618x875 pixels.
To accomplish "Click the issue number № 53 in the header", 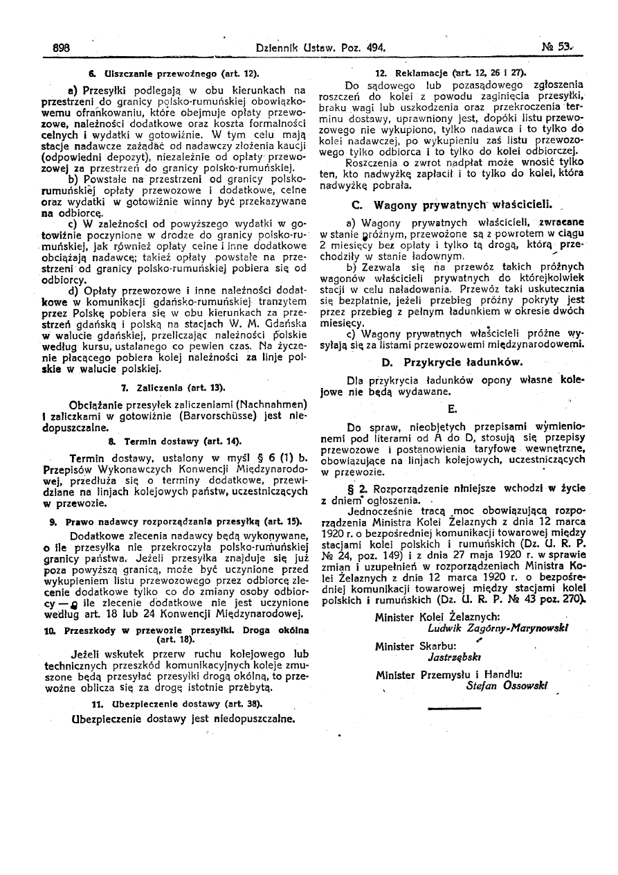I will [x=555, y=48].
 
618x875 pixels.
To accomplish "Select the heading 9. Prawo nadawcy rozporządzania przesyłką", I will [x=176, y=520].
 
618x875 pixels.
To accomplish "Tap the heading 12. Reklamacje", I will [x=451, y=72].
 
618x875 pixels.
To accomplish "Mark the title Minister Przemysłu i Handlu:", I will [x=448, y=674].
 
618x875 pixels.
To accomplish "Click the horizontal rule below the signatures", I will [x=453, y=707].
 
